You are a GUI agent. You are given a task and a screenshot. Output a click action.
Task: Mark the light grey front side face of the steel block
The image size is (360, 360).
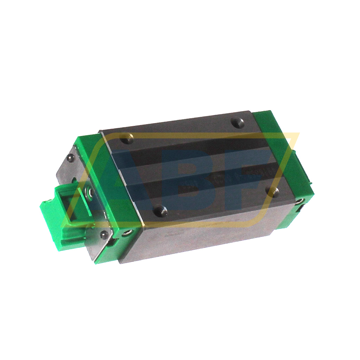click(209, 237)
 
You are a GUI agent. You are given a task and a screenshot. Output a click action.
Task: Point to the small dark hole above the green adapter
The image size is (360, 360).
click(74, 181)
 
